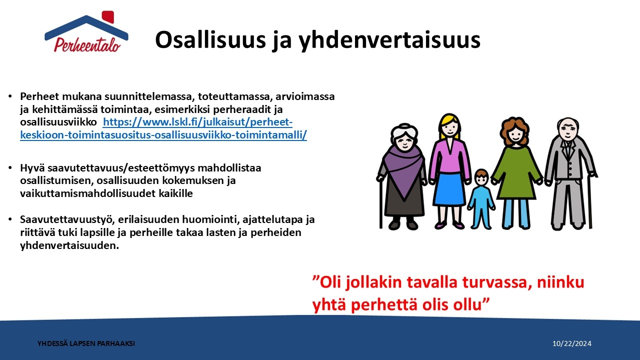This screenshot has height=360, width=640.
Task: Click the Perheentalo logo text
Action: pyautogui.click(x=87, y=45)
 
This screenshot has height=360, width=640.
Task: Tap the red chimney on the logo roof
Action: pyautogui.click(x=108, y=16)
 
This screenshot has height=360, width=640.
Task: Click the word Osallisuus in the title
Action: pyautogui.click(x=210, y=40)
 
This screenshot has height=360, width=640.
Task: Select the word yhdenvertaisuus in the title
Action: pyautogui.click(x=389, y=40)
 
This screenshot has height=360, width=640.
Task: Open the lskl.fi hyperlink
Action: pyautogui.click(x=163, y=128)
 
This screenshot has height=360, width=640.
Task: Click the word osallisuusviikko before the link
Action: pyautogui.click(x=58, y=122)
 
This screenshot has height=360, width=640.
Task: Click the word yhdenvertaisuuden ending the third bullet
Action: pyautogui.click(x=69, y=245)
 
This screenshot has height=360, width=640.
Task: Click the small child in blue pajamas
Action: pyautogui.click(x=481, y=199)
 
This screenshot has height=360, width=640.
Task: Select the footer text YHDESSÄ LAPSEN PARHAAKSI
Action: pyautogui.click(x=86, y=343)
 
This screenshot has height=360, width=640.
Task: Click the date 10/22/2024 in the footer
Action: pyautogui.click(x=571, y=343)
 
